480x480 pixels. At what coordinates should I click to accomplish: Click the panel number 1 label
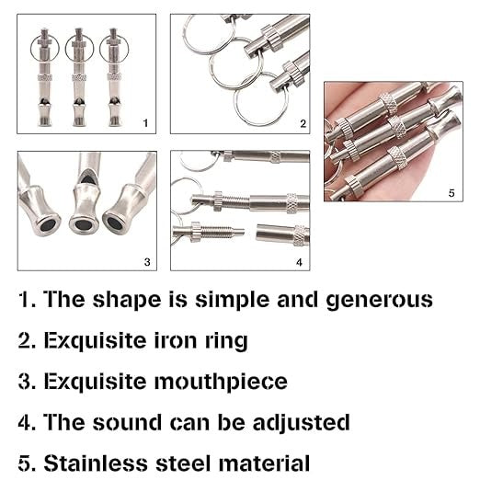click(x=145, y=123)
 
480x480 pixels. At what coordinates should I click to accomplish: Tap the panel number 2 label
click(x=303, y=123)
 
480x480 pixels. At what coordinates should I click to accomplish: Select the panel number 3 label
click(x=147, y=262)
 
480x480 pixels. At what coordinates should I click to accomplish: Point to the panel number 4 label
click(x=299, y=262)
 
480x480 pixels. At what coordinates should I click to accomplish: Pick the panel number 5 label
click(x=451, y=193)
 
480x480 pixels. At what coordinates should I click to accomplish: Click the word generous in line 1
click(x=380, y=300)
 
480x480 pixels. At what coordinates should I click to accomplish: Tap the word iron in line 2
click(x=175, y=340)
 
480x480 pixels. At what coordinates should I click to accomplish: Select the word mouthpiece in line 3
click(x=221, y=383)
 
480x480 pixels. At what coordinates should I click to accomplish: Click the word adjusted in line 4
click(x=301, y=423)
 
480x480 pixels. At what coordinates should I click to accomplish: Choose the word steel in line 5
click(x=185, y=463)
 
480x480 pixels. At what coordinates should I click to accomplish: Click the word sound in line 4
click(x=127, y=422)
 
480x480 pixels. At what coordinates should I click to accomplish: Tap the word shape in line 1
click(x=127, y=300)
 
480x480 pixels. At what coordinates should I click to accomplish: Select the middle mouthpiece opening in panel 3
click(x=83, y=224)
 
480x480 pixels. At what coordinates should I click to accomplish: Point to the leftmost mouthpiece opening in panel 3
click(x=48, y=225)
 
